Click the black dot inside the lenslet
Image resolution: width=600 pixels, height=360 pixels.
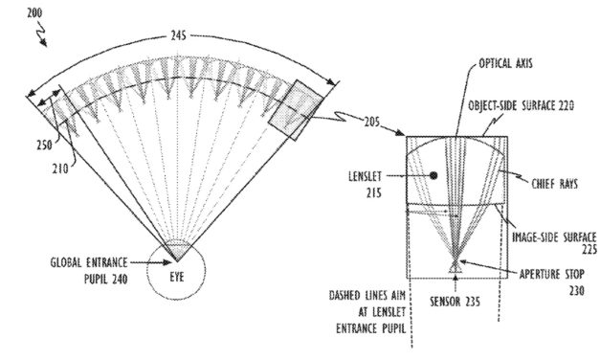pos(433,176)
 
